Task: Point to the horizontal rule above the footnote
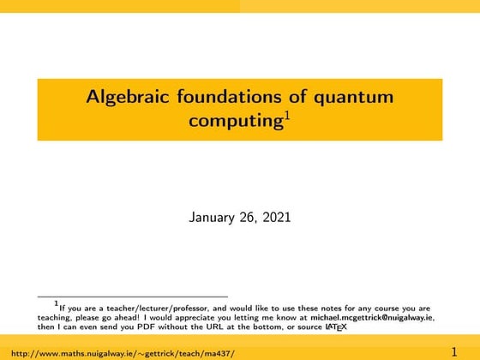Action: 132,297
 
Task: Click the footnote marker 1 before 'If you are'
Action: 56,303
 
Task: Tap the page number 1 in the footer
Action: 455,351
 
